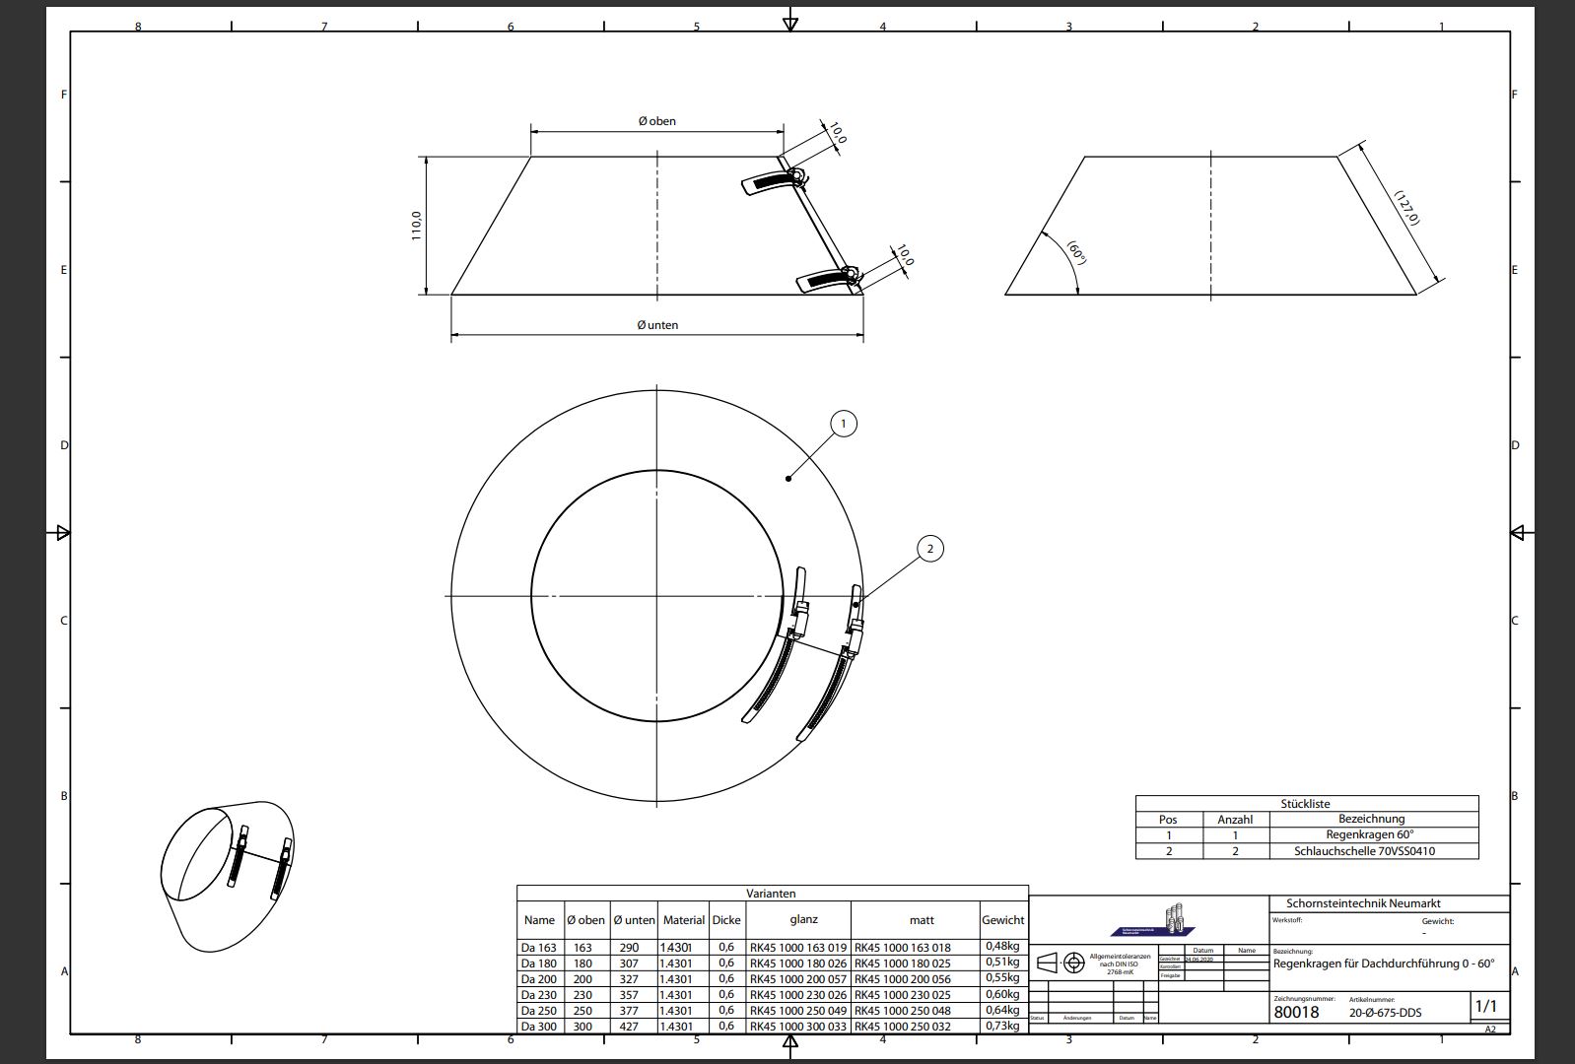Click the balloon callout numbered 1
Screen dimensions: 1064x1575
(843, 425)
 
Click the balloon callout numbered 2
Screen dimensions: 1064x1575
(929, 549)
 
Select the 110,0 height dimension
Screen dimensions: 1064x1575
(417, 226)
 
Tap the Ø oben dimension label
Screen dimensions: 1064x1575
(657, 121)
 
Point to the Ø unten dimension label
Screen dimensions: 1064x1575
(657, 325)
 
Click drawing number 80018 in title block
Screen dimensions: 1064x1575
(1296, 1012)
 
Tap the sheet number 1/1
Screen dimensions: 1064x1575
(1485, 1006)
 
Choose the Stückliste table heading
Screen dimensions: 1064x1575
(1305, 804)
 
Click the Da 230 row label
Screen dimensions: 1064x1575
(539, 995)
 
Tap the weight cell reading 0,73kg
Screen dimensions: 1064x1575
(1002, 1026)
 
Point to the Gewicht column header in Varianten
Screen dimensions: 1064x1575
(1002, 919)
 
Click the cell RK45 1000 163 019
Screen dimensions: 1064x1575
(798, 948)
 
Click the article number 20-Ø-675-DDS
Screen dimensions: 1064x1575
(1385, 1013)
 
